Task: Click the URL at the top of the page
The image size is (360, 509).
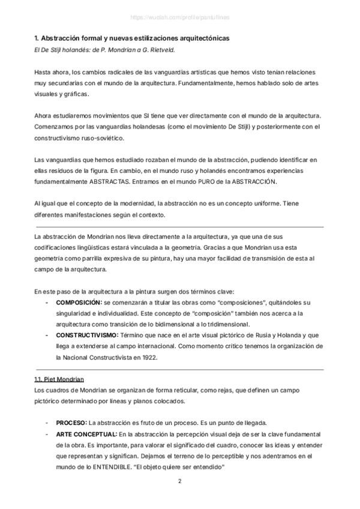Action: (179, 17)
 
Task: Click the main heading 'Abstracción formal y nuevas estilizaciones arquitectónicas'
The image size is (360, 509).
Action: (131, 38)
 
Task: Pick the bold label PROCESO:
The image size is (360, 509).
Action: (71, 423)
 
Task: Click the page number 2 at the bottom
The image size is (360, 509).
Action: (179, 482)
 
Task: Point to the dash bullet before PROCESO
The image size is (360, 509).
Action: (47, 423)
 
